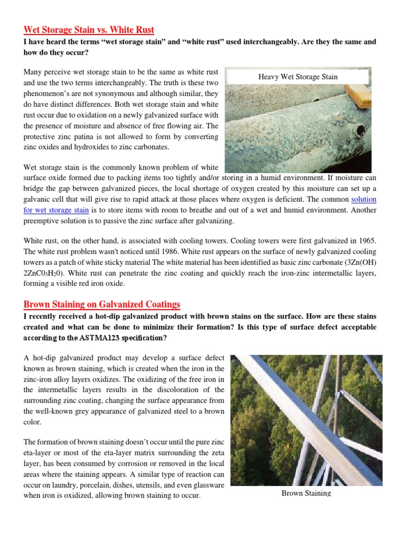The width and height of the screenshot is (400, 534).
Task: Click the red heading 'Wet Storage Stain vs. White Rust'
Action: point(89,30)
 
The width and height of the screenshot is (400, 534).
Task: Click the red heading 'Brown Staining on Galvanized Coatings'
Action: point(102,304)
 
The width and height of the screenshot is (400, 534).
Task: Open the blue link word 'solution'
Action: point(364,200)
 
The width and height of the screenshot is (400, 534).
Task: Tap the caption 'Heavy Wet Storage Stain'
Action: point(298,77)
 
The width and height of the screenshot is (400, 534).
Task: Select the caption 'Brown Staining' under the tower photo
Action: point(306,493)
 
